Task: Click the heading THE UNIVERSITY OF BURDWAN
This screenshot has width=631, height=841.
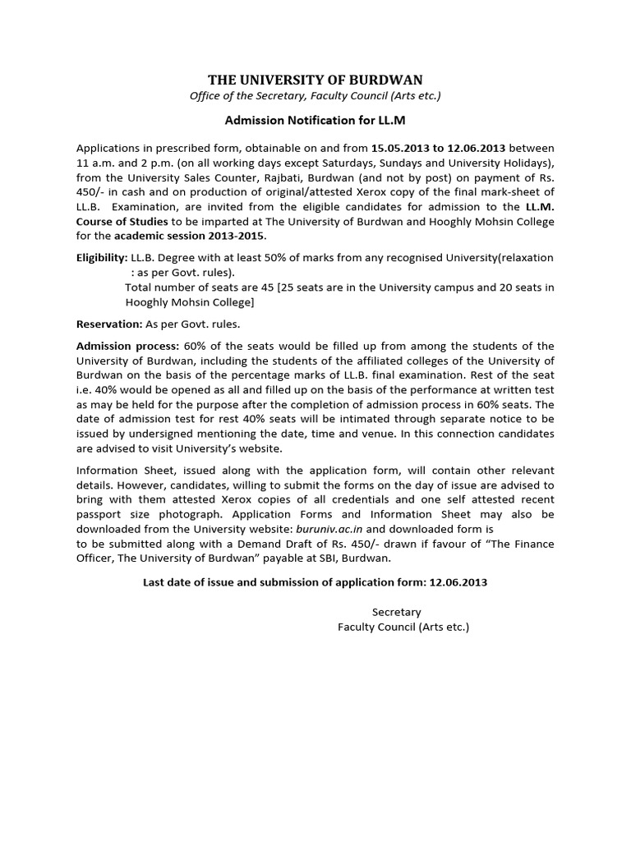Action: click(x=315, y=80)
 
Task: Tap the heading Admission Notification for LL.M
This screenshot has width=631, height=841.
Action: click(x=315, y=120)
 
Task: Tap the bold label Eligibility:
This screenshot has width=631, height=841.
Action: click(x=102, y=257)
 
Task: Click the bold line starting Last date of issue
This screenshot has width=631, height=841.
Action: click(x=315, y=582)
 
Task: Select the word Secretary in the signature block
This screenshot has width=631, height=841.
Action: click(x=396, y=612)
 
